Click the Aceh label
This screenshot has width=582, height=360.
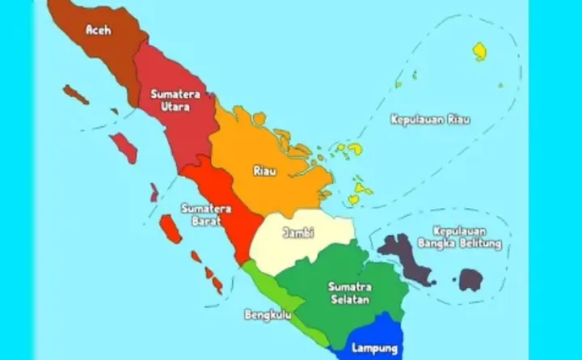pos(98,31)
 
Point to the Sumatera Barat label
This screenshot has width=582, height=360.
pos(207,214)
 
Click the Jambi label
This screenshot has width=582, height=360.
pos(297,233)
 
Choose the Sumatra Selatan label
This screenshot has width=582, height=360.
pos(349,293)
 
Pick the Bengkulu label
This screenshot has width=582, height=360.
pos(268,314)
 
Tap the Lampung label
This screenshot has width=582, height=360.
pos(374,349)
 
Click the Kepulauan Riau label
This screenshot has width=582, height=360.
pos(430,120)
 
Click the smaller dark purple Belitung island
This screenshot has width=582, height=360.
pos(471,280)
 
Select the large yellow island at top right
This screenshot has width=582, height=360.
pos(480,51)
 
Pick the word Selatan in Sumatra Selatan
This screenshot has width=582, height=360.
pos(349,299)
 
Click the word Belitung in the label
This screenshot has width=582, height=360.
pos(481,243)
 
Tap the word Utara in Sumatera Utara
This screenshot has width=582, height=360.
pos(169,106)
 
